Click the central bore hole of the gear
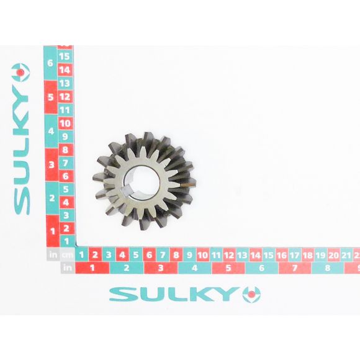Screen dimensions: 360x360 142,182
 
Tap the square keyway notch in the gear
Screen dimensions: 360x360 125,192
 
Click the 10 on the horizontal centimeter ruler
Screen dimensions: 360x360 203,255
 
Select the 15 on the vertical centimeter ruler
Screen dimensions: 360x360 65,56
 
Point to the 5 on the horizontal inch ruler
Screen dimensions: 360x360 228,268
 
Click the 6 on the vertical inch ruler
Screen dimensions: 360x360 50,63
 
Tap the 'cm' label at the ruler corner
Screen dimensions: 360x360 67,255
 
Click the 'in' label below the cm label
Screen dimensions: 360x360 68,268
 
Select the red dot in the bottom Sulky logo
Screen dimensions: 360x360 251,294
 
